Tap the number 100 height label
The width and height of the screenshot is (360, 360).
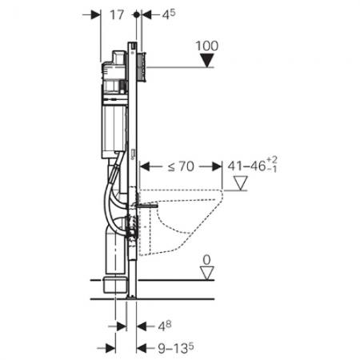pyautogui.click(x=206, y=45)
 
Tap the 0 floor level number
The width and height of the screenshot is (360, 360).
pyautogui.click(x=206, y=261)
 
